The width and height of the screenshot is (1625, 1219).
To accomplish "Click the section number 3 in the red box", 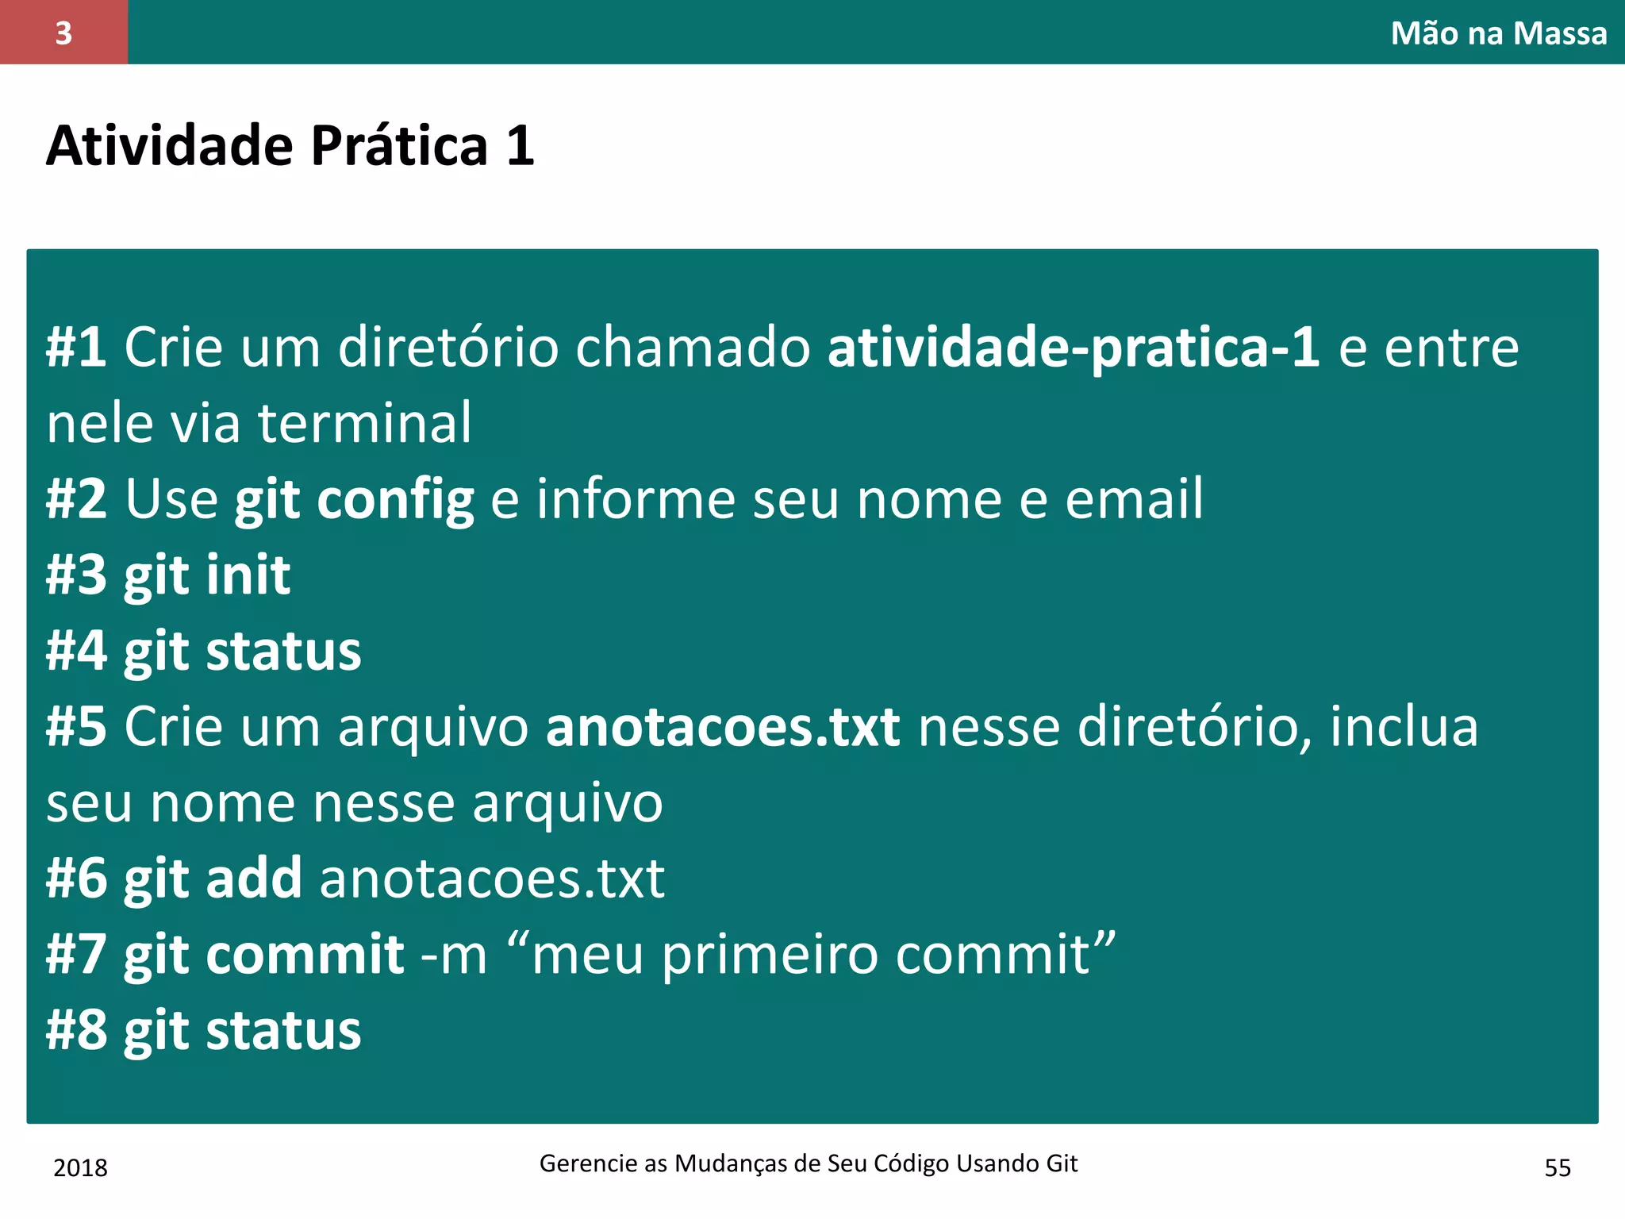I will tap(63, 33).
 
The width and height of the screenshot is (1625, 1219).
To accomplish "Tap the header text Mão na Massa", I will tap(1498, 33).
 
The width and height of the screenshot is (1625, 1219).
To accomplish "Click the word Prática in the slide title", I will tap(399, 146).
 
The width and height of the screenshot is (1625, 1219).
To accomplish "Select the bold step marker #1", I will tap(76, 347).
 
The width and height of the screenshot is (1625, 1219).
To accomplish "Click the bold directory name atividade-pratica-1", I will tap(1074, 347).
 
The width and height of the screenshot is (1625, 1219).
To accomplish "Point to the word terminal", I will tap(365, 422).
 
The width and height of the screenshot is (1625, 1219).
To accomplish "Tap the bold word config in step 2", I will tap(395, 499).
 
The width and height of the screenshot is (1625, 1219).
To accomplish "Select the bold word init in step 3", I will tap(248, 575).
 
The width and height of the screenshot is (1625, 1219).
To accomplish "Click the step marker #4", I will tap(76, 651).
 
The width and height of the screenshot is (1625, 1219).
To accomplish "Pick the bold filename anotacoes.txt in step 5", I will tap(723, 726).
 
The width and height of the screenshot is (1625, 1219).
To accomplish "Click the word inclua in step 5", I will tap(1404, 726).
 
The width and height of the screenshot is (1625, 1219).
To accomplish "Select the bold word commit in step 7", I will tap(305, 954).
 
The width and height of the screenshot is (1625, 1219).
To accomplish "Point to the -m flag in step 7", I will tap(454, 954).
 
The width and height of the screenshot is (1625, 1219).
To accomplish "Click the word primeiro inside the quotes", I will tap(770, 954).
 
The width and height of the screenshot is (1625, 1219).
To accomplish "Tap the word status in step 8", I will tap(283, 1030).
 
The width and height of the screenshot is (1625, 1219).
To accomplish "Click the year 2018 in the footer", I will tap(80, 1167).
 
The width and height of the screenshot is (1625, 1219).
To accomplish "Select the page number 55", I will tap(1558, 1167).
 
